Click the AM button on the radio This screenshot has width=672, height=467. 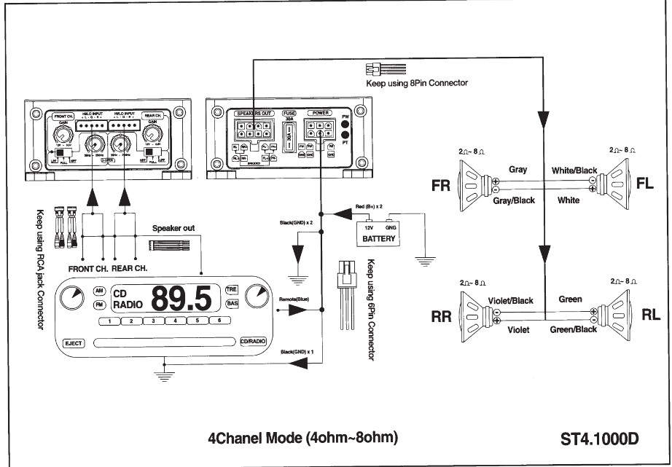point(99,291)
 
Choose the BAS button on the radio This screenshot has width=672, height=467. point(233,303)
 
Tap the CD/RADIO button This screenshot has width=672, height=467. point(251,341)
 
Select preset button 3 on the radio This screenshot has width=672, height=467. point(154,321)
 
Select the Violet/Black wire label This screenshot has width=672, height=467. point(509,300)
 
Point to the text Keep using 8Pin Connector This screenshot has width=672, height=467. point(416,83)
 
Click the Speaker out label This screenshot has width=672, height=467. point(173,229)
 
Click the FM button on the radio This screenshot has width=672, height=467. point(99,305)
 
